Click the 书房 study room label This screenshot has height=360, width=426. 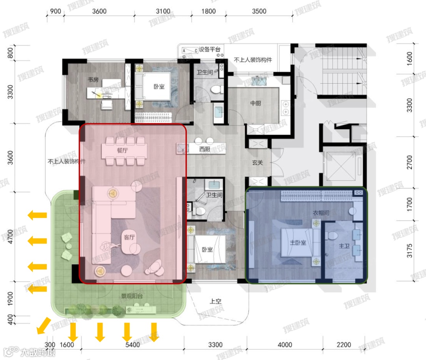(93, 80)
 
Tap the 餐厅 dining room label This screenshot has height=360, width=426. (122, 150)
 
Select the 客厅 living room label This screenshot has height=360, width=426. (129, 237)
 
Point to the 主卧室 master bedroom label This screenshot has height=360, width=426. (298, 242)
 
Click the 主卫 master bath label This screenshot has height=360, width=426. (344, 246)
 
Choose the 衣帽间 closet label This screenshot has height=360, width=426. (321, 213)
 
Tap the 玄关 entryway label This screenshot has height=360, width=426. (258, 163)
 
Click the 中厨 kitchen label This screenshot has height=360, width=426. (256, 103)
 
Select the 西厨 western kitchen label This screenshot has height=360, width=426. (205, 149)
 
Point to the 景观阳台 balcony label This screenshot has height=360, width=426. (132, 296)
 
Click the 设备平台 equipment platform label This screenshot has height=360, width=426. (209, 49)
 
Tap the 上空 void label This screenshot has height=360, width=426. (215, 301)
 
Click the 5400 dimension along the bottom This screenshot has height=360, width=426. (133, 345)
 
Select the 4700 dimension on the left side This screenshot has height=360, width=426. (10, 236)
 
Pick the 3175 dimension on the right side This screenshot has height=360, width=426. (409, 251)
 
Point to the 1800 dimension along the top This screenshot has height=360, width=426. (208, 11)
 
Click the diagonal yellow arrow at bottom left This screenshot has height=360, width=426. (44, 326)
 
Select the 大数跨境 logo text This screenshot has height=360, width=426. (38, 352)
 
